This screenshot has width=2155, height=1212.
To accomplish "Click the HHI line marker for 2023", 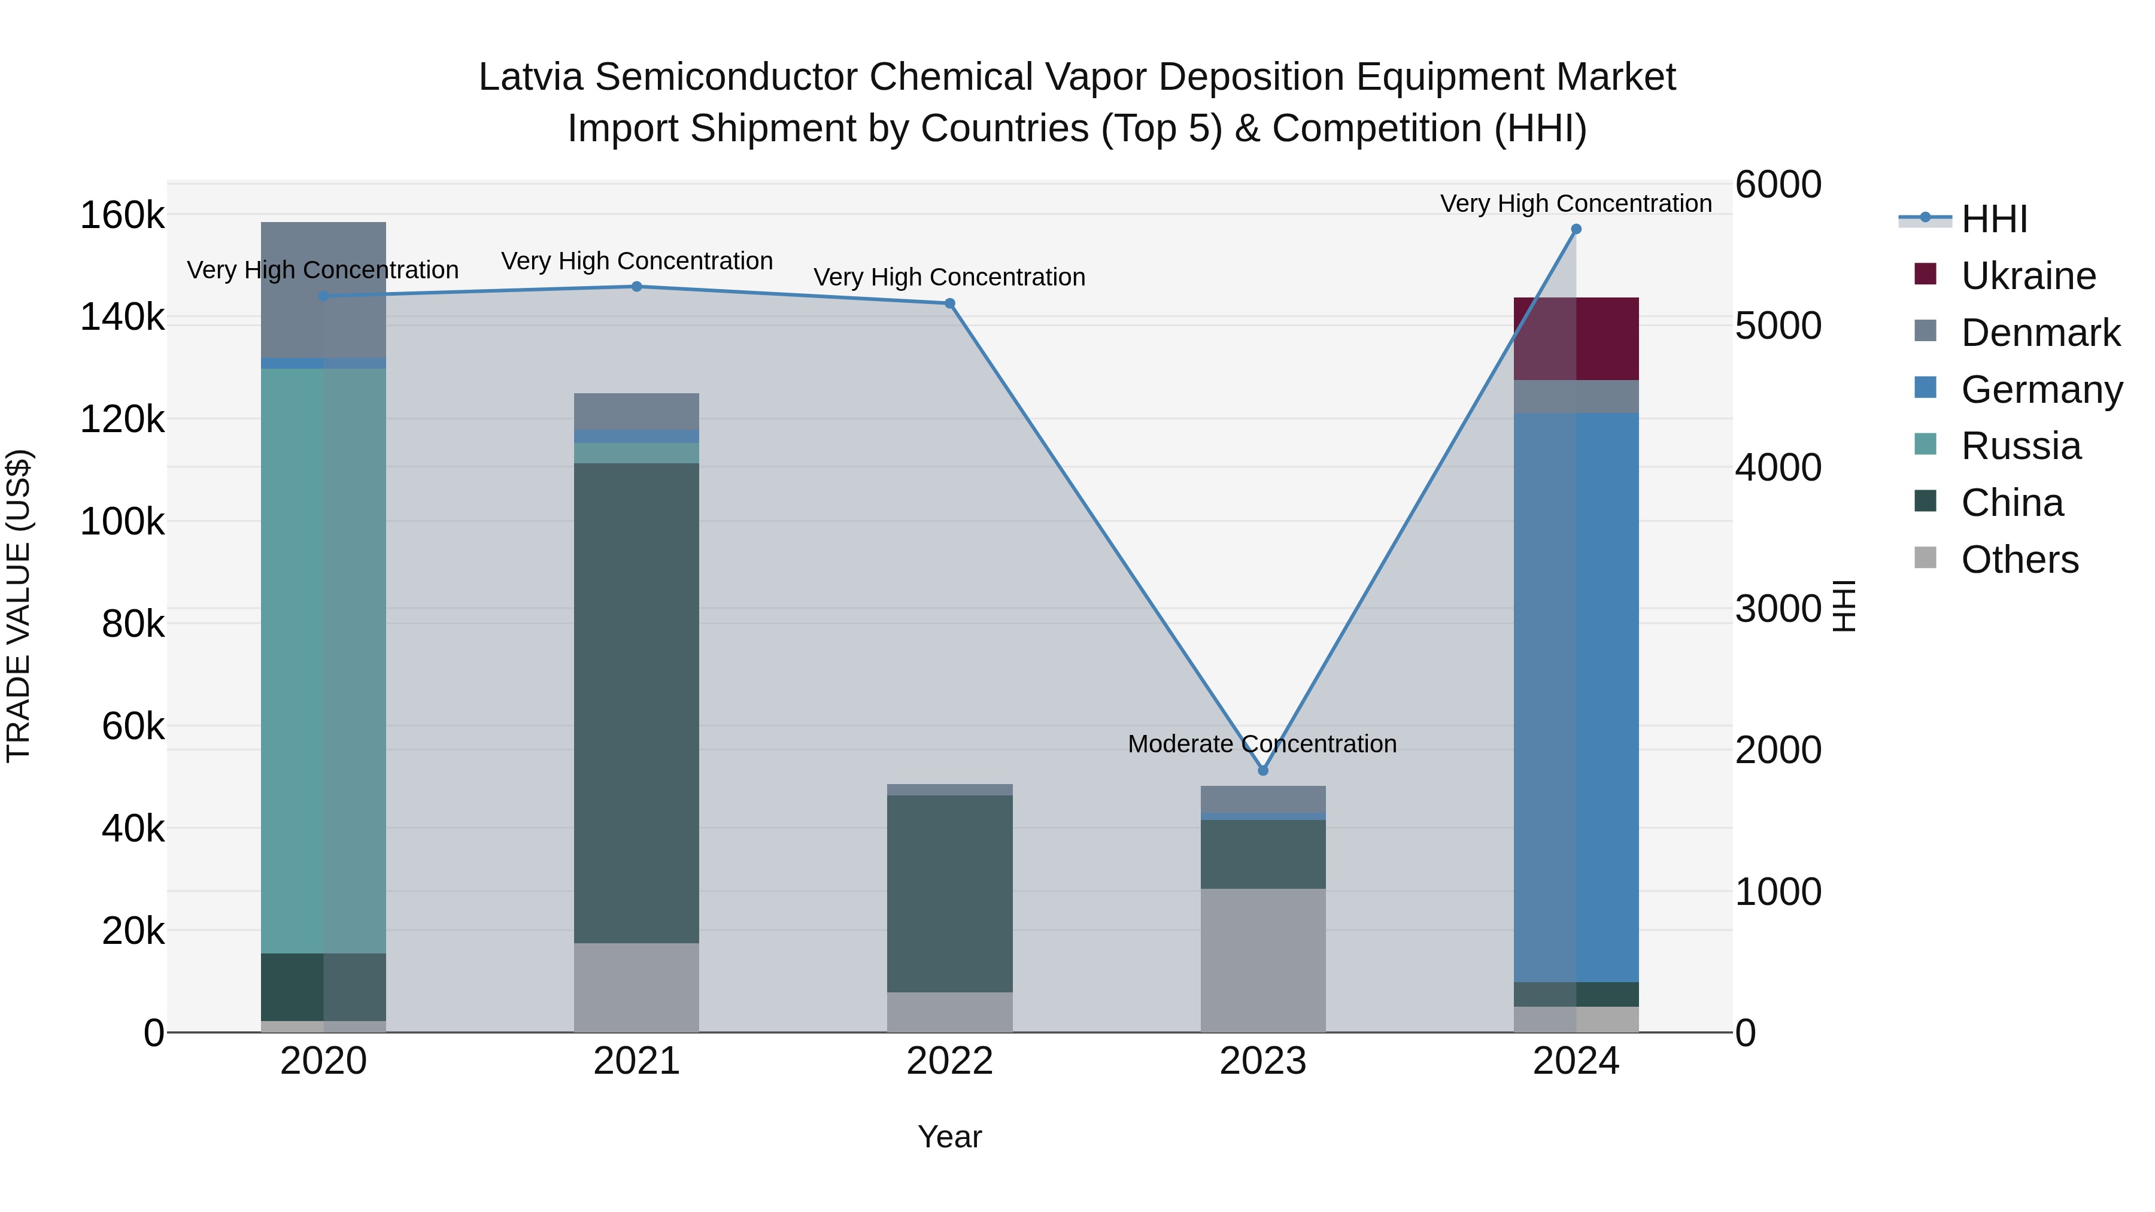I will pyautogui.click(x=1263, y=770).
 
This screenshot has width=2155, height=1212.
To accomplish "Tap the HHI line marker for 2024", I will pyautogui.click(x=1576, y=229).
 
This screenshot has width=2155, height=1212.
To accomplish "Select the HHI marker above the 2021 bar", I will pyautogui.click(x=637, y=287).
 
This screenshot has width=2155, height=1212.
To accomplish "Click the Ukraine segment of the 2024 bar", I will pyautogui.click(x=1576, y=339).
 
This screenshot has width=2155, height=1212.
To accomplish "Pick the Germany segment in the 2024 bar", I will pyautogui.click(x=1576, y=696).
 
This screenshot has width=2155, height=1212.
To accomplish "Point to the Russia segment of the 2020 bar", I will pyautogui.click(x=324, y=661).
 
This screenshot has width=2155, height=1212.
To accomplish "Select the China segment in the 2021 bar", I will pyautogui.click(x=637, y=703).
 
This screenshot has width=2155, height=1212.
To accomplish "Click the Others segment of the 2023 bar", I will pyautogui.click(x=1263, y=960).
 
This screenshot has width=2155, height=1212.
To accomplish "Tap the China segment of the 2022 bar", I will pyautogui.click(x=949, y=894).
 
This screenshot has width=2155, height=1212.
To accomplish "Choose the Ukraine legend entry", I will pyautogui.click(x=2028, y=276).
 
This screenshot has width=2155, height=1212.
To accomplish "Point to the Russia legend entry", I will pyautogui.click(x=2020, y=446).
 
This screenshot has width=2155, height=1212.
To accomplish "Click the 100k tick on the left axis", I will pyautogui.click(x=122, y=522).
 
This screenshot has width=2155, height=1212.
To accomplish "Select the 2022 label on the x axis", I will pyautogui.click(x=949, y=1061).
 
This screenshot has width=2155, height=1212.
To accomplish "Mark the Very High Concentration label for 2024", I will pyautogui.click(x=1576, y=203).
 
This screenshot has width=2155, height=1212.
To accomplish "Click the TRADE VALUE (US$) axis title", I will pyautogui.click(x=19, y=606).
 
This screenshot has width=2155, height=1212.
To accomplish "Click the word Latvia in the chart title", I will pyautogui.click(x=530, y=77).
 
